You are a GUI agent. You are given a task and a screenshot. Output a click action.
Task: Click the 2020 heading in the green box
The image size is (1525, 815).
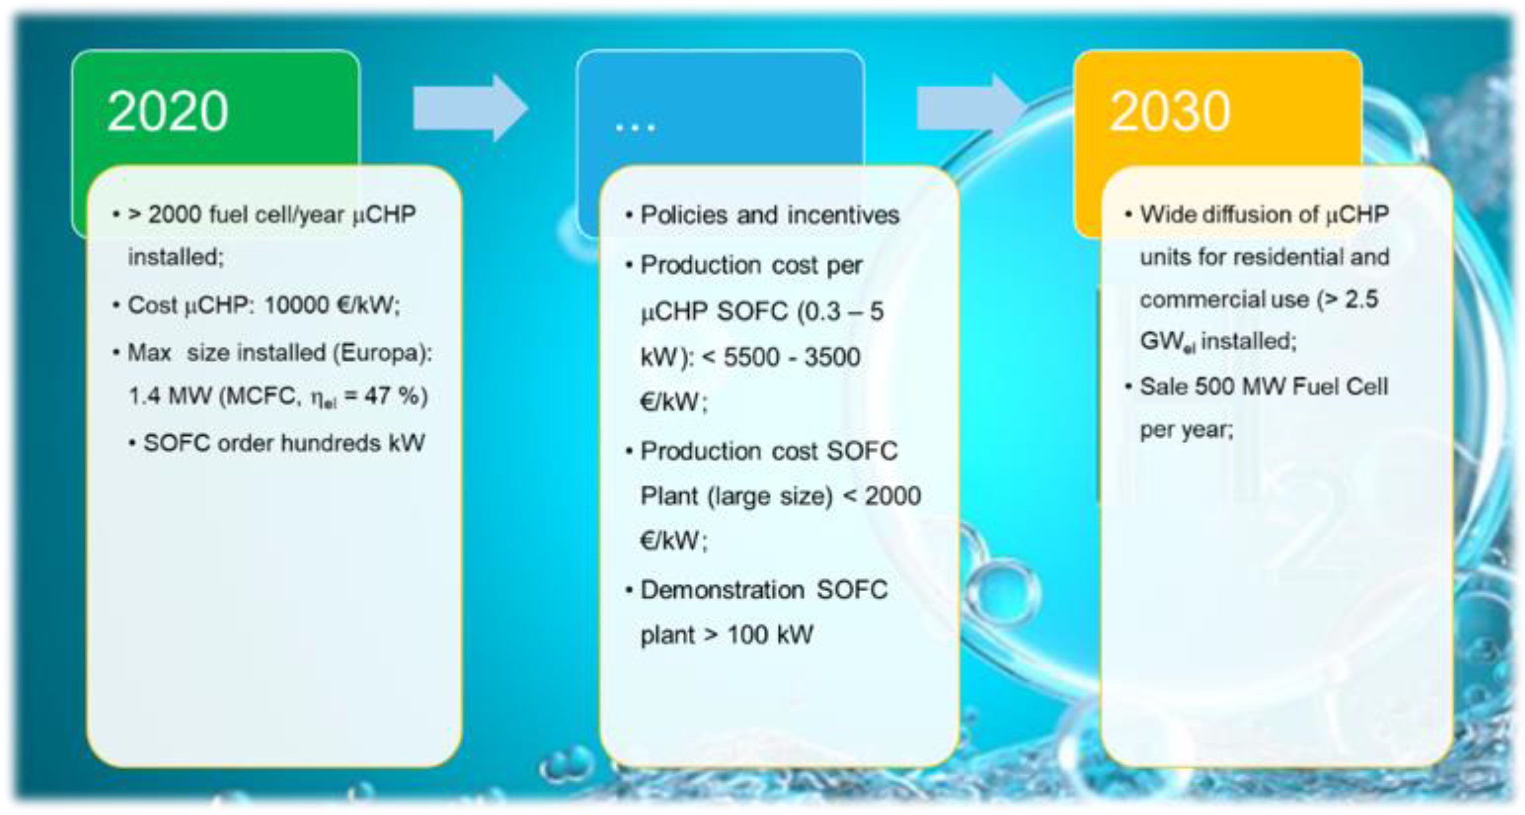(x=167, y=111)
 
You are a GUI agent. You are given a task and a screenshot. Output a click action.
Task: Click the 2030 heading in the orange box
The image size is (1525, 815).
(x=1170, y=111)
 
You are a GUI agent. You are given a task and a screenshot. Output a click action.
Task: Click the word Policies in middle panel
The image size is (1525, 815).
(x=684, y=215)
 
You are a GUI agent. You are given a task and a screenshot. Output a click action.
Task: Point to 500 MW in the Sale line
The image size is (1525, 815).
(x=1239, y=387)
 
